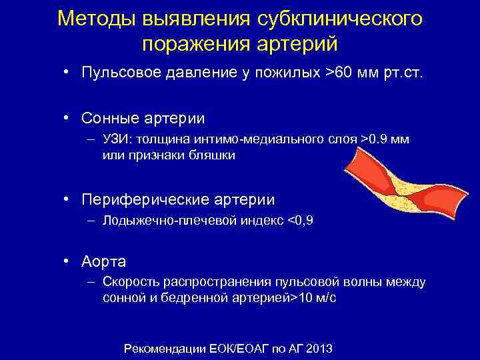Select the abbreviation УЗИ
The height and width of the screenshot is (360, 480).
115,139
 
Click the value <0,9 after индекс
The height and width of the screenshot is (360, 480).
299,220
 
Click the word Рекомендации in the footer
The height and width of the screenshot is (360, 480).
160,349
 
